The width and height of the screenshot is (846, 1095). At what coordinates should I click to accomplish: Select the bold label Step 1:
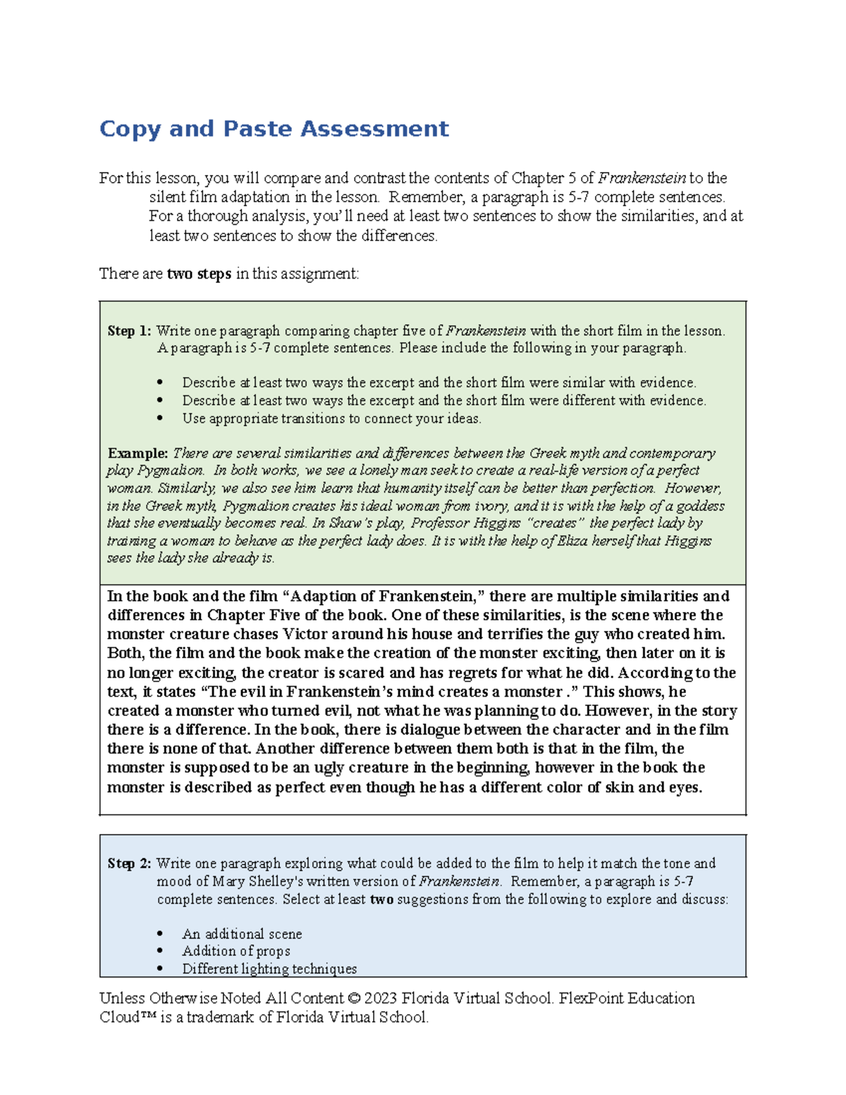129,331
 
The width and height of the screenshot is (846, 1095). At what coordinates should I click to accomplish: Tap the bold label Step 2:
129,864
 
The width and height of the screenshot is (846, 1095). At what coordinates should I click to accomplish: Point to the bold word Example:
137,453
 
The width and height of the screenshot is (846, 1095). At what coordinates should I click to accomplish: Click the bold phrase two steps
199,274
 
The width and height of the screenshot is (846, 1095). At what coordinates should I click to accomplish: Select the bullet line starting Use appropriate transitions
331,419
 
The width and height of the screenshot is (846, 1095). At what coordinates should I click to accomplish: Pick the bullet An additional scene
242,934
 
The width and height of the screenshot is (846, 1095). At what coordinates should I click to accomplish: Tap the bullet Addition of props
236,951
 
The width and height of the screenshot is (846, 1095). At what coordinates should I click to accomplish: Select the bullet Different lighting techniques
269,969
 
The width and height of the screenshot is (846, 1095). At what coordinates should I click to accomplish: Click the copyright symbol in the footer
354,998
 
